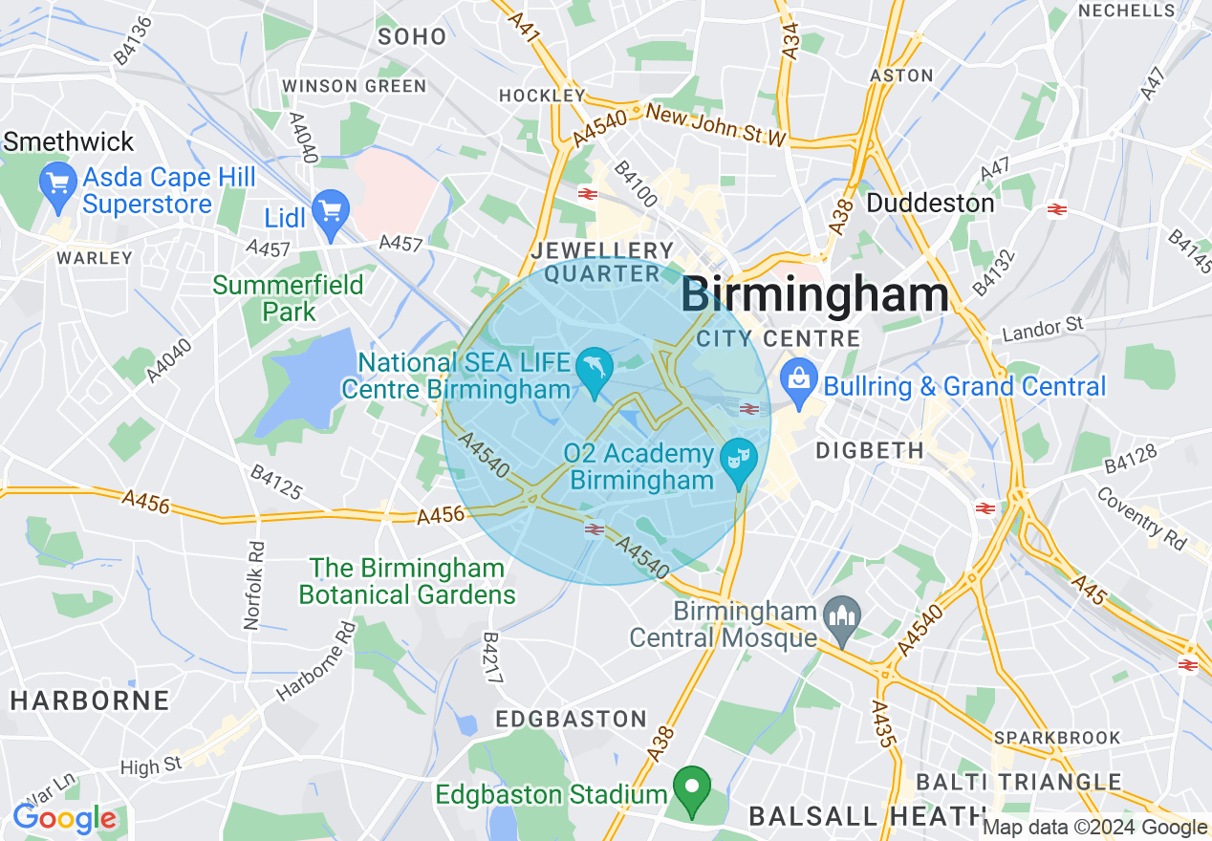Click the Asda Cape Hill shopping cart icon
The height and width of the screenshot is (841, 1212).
tap(57, 183)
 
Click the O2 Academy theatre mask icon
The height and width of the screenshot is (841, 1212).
tap(737, 458)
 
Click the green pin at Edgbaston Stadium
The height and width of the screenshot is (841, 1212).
tap(692, 787)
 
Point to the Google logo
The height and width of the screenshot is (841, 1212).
tap(64, 819)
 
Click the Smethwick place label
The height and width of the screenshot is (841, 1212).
tap(69, 142)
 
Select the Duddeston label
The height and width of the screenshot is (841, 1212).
tap(930, 204)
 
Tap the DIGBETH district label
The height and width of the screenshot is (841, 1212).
tap(869, 449)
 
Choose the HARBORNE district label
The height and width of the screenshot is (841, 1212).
tap(90, 701)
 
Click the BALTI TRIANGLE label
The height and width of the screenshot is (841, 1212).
tap(1018, 783)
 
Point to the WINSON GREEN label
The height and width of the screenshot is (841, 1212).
tap(355, 86)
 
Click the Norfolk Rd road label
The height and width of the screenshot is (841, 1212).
tap(253, 586)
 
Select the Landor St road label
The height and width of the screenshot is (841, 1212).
tap(1043, 330)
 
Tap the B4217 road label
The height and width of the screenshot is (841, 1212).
tap(493, 658)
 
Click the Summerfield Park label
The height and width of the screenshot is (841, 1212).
tap(288, 298)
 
